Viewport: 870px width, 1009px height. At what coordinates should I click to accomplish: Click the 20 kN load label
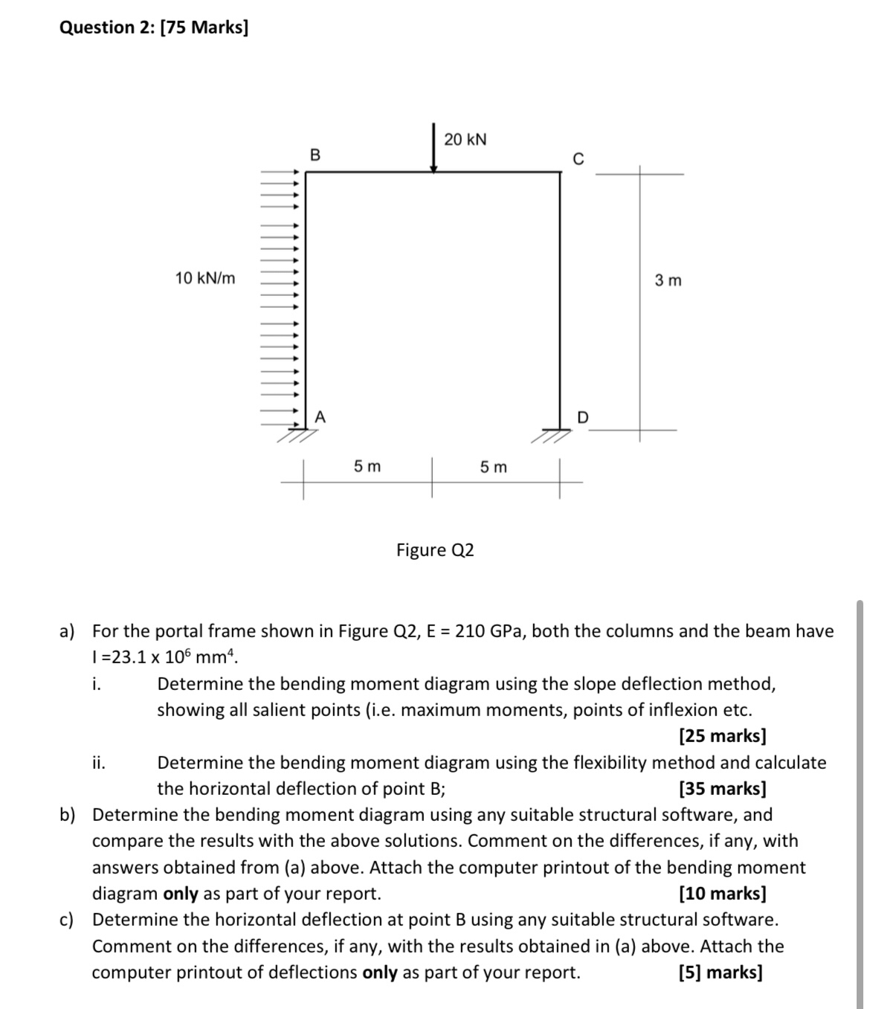coord(465,139)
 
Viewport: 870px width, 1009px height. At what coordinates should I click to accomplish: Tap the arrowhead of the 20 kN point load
coord(434,168)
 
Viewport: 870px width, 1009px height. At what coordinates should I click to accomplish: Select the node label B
coord(315,155)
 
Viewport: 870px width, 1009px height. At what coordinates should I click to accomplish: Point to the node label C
coord(578,159)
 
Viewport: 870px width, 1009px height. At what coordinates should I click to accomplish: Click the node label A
coord(320,416)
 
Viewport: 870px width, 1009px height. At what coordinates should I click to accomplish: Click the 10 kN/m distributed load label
coord(204,278)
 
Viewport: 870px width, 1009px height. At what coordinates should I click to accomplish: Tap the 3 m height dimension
coord(668,280)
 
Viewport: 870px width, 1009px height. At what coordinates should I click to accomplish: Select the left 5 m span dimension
coord(367,466)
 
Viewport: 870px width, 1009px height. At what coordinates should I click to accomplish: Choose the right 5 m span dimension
coord(494,467)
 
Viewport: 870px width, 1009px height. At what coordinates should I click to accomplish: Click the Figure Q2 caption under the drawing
coord(435,550)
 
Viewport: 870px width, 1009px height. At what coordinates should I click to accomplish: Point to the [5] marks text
coord(721,972)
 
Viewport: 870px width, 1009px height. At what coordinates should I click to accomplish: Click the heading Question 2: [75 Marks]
coord(154,28)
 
